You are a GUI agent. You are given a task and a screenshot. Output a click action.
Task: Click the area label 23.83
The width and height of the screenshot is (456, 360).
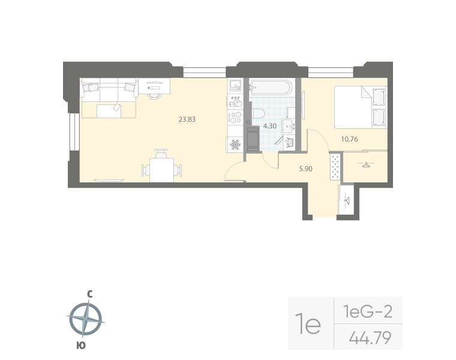[x=187, y=119]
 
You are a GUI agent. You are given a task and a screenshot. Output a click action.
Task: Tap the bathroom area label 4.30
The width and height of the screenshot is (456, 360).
[x=270, y=126]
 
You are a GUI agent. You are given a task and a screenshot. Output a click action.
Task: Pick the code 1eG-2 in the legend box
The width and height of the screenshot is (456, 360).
[x=367, y=311]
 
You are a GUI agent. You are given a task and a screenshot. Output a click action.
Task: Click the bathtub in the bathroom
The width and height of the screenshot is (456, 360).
[x=271, y=89]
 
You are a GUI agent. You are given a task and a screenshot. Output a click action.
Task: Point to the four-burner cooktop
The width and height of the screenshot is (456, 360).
[x=235, y=113]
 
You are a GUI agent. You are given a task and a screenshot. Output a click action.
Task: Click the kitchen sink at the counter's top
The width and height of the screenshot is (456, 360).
[x=235, y=86]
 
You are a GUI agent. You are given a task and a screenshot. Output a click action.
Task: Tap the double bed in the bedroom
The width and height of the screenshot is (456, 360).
[x=359, y=106]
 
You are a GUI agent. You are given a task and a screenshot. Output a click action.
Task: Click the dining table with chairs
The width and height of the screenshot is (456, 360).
[x=160, y=166]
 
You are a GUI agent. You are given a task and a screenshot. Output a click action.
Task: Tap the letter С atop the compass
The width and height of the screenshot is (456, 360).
[x=89, y=294]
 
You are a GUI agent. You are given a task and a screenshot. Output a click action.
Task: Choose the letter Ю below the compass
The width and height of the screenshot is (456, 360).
[x=80, y=344]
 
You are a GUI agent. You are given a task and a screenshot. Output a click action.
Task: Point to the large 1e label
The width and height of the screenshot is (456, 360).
[x=311, y=325]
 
